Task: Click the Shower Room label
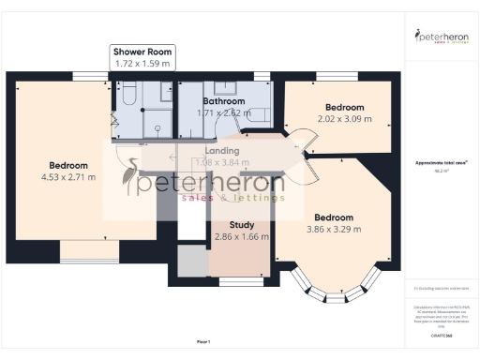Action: coord(142,52)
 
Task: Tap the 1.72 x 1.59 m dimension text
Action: coord(142,64)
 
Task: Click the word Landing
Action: coord(221,150)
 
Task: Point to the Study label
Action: coord(242,225)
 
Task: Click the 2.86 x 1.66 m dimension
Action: coord(242,238)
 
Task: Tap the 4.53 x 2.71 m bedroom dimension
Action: coord(68,176)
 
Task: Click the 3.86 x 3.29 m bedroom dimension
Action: coord(338,228)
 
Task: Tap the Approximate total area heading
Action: coord(441,162)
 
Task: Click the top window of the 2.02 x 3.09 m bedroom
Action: coord(330,75)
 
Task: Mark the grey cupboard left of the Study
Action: coord(191,262)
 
